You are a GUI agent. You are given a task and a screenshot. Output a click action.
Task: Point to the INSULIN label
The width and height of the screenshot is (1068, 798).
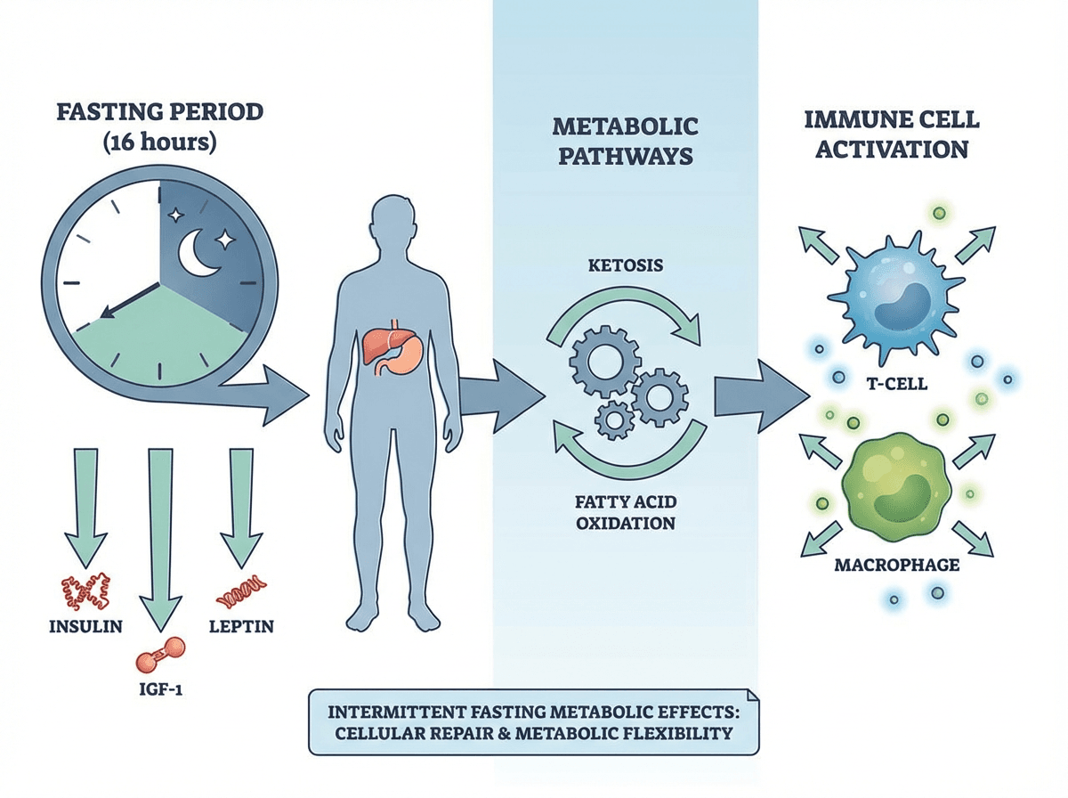click(x=86, y=625)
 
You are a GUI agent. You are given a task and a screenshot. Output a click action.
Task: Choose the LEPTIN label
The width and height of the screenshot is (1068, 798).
click(x=240, y=625)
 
